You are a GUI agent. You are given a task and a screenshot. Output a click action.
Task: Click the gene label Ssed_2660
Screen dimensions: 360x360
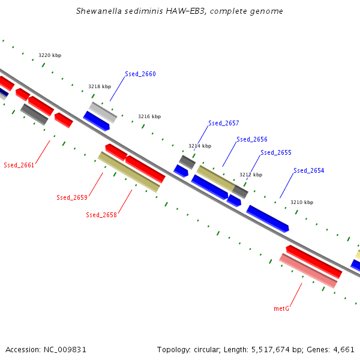coord(140,74)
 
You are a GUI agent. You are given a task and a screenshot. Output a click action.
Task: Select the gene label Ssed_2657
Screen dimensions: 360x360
coord(223,124)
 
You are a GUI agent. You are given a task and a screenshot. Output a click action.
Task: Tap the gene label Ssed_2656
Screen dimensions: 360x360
coord(251,140)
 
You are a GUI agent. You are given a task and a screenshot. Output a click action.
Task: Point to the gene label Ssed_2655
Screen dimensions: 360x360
coord(275,153)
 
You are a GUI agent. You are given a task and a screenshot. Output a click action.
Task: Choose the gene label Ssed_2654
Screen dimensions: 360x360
coord(308,171)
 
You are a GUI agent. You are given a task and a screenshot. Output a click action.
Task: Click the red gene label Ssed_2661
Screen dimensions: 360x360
coord(19,165)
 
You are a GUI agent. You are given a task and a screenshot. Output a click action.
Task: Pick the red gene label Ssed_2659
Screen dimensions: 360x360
coord(72,197)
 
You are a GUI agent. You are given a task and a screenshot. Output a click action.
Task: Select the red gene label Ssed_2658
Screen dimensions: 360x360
coord(101,215)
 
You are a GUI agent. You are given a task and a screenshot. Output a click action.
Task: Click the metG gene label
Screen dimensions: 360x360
coord(281,308)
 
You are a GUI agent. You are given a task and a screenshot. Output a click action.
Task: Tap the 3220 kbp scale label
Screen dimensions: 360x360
coord(50,55)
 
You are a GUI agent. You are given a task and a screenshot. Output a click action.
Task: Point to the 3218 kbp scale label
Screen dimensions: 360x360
coord(100,86)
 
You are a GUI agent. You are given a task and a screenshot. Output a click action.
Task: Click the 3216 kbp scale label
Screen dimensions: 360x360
coord(149,116)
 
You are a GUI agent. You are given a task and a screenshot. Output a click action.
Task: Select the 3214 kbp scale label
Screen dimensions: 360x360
coord(200,146)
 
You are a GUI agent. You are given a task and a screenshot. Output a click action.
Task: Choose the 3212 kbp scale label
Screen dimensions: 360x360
coord(251,175)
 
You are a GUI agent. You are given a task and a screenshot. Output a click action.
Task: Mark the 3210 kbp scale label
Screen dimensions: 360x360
coord(302,202)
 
